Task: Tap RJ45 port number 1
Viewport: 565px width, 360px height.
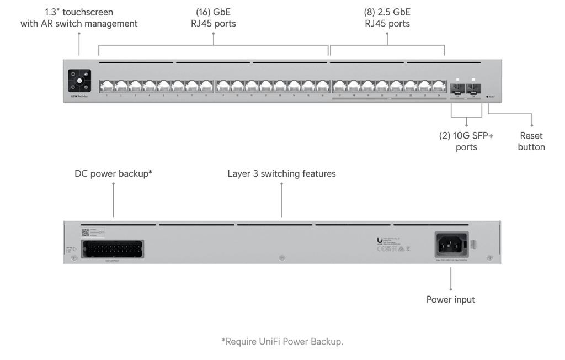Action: pyautogui.click(x=106, y=86)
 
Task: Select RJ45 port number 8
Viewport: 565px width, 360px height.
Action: pyautogui.click(x=206, y=86)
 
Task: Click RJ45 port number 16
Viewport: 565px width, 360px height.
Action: pyautogui.click(x=322, y=86)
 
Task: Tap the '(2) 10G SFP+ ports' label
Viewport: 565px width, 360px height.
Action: pyautogui.click(x=467, y=141)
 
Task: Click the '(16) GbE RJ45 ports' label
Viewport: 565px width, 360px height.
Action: pyautogui.click(x=213, y=18)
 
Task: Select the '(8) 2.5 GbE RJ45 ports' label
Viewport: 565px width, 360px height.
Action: pyautogui.click(x=388, y=18)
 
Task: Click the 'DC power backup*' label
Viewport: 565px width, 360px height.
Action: pyautogui.click(x=113, y=174)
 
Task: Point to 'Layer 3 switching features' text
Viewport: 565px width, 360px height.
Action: pyautogui.click(x=281, y=174)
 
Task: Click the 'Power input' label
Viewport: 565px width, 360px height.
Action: pyautogui.click(x=450, y=300)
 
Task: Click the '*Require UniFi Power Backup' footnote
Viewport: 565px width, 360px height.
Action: pyautogui.click(x=281, y=342)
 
